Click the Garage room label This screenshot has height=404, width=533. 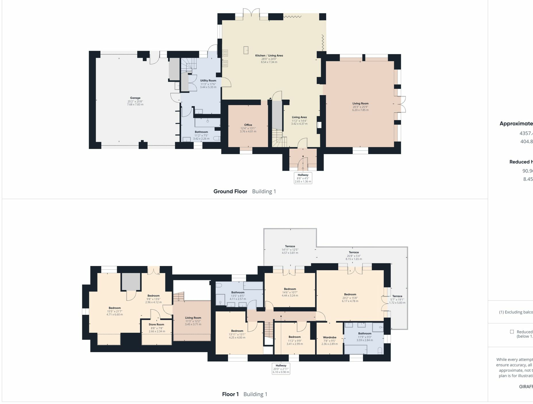tap(135, 98)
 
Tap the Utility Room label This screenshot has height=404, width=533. tap(208, 81)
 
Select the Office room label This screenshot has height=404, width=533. tap(248, 125)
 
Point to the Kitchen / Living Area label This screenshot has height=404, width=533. tap(269, 56)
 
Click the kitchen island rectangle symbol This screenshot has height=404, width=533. tap(246, 50)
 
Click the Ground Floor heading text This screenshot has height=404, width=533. tap(230, 191)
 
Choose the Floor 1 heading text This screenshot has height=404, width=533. tap(230, 394)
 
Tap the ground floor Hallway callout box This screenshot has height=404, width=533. tap(303, 178)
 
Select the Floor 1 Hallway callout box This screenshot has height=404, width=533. tap(281, 369)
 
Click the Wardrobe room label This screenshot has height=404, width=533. tap(329, 337)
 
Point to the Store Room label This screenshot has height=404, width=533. tap(157, 325)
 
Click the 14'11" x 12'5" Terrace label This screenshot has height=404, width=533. tap(290, 246)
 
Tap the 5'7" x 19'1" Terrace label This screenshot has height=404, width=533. tap(397, 296)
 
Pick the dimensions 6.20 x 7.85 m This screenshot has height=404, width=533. tap(360, 110)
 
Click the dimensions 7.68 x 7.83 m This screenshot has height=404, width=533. tap(135, 104)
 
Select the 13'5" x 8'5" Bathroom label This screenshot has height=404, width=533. tap(238, 292)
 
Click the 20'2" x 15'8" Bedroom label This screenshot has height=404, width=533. tap(350, 294)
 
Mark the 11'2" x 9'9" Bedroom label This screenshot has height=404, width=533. tap(295, 337)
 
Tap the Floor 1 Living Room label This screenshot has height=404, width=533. tap(193, 318)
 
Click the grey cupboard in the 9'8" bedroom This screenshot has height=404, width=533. tap(131, 281)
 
